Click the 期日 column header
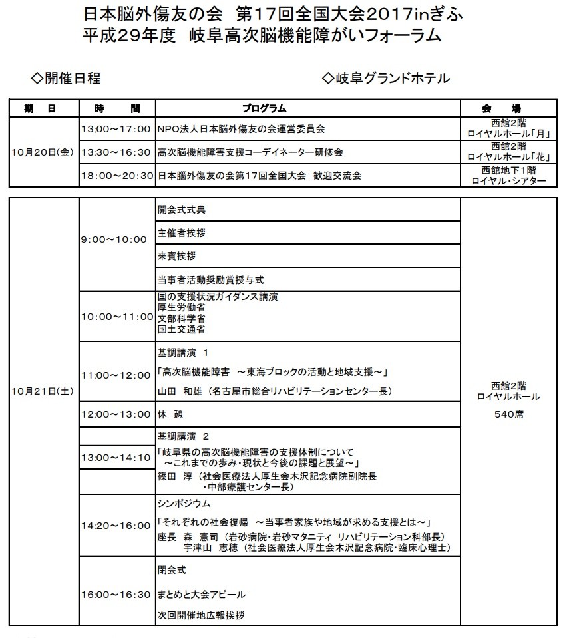[44, 108]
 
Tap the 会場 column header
[508, 108]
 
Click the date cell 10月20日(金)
[43, 152]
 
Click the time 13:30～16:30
[116, 152]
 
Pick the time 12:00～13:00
[116, 414]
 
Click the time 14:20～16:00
[116, 525]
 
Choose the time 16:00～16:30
[116, 594]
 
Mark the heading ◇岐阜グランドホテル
[385, 79]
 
